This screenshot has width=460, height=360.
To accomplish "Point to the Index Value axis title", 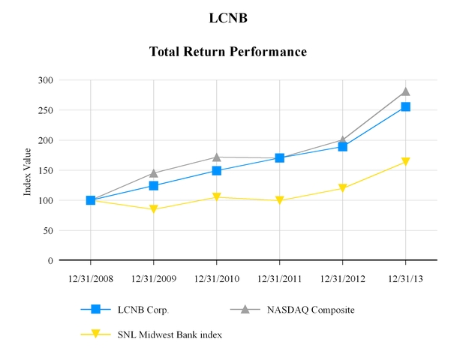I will [28, 170].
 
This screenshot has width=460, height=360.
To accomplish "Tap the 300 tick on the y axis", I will [45, 80].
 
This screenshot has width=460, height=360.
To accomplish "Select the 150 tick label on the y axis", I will [45, 170].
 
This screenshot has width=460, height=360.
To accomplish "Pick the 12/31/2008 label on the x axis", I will [91, 278].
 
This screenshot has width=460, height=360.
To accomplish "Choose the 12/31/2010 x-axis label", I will [217, 278].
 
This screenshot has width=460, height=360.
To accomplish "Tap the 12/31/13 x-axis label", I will [406, 278].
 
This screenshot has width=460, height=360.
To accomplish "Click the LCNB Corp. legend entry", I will [143, 309].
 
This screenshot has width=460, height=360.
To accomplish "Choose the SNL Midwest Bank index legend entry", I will [170, 334].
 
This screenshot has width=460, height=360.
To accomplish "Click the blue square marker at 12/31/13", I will [406, 106].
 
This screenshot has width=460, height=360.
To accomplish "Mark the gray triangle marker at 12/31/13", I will [406, 91].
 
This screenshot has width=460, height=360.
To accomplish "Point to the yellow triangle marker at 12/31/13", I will [406, 162].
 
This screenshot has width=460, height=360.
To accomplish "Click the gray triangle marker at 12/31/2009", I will [154, 173].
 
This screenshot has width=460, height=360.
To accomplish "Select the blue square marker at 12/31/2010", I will [217, 171].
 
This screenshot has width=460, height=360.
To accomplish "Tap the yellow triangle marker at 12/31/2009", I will [154, 209].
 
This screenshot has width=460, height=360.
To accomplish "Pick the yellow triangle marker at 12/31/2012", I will [343, 188].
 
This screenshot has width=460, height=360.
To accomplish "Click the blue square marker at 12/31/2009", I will [154, 185].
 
